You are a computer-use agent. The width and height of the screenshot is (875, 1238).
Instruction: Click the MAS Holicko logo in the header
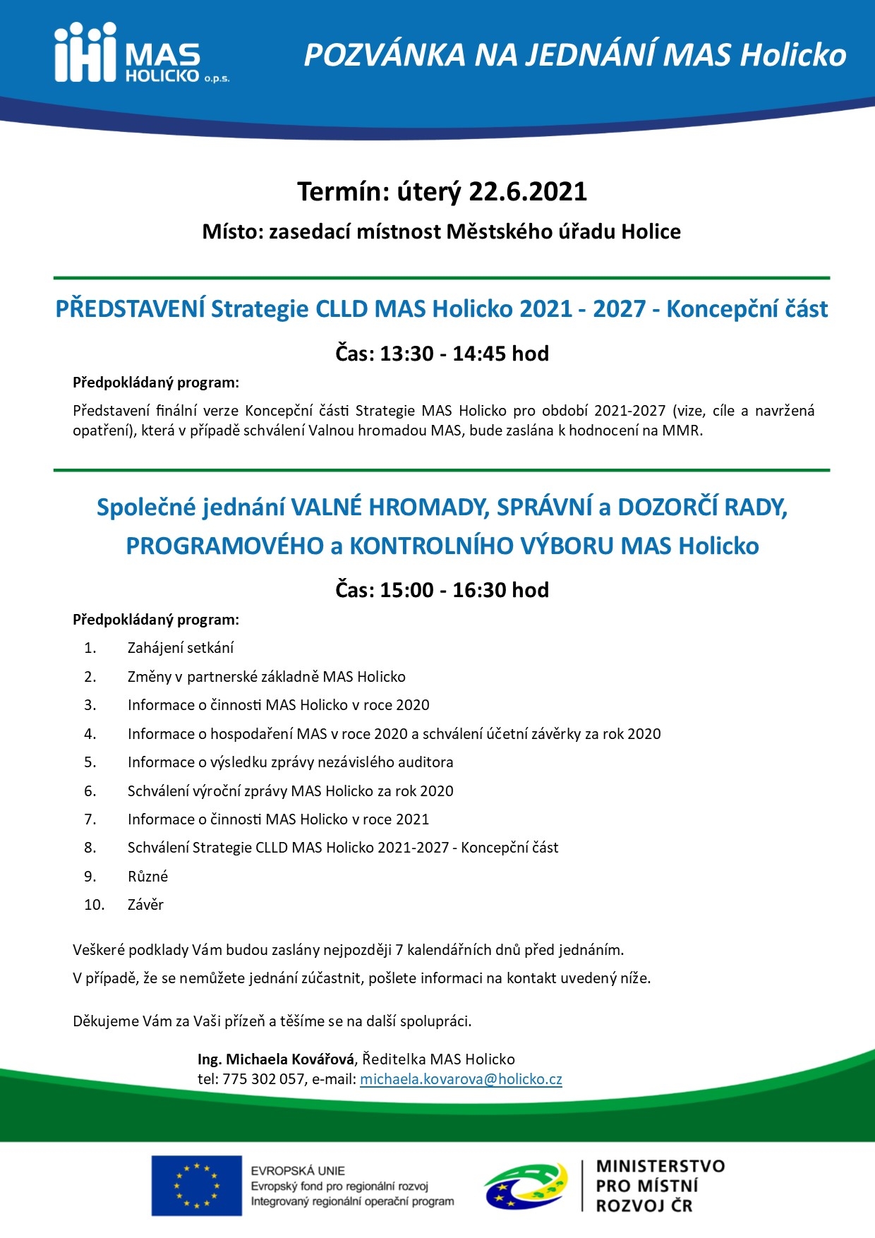pos(141,53)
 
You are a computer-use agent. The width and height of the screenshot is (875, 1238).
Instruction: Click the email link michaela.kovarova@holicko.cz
pos(461,1079)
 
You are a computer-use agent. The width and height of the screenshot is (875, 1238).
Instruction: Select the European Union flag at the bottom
pos(196,1186)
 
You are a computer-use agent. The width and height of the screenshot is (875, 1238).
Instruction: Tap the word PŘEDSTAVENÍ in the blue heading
pos(131,309)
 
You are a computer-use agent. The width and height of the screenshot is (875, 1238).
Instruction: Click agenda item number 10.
pos(94,905)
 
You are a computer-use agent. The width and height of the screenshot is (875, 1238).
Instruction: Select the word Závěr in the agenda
pos(145,905)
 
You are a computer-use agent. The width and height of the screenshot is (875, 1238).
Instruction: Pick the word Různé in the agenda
pos(147,877)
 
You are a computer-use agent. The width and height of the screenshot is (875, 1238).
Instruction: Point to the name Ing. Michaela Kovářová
pos(276,1059)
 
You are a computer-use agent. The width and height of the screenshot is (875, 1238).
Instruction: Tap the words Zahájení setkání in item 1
pos(181,648)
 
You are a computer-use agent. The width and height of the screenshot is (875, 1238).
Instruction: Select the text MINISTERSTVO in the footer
pos(660,1166)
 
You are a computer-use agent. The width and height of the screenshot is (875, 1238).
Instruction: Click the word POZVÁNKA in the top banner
pos(385,55)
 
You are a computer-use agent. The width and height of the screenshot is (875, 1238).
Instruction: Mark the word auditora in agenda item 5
pos(425,762)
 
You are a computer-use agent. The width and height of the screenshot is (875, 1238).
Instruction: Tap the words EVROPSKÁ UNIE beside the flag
pos(298,1170)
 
